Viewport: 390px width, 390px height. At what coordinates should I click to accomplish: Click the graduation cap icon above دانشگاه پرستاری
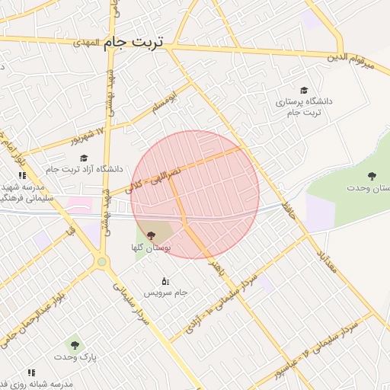point(304,90)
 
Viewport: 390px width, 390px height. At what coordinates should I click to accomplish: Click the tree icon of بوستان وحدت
point(372,176)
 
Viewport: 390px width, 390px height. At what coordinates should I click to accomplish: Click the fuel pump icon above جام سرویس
point(165,280)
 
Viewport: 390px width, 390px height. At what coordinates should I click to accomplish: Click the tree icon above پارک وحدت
point(75,344)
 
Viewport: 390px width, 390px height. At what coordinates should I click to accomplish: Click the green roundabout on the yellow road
point(101,262)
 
